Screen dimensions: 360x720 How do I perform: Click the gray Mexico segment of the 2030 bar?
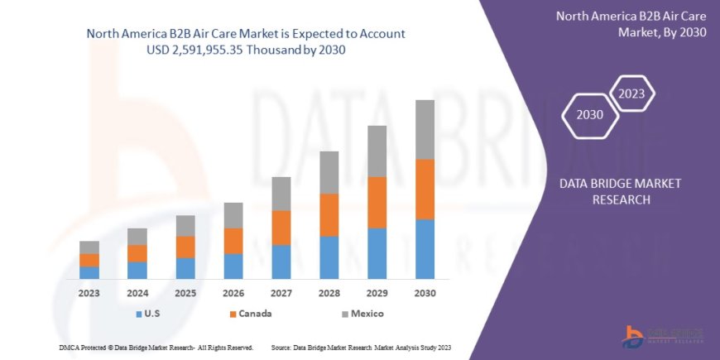[425, 130]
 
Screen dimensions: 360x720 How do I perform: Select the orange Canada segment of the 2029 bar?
[377, 203]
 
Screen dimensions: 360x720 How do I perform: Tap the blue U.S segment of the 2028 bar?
[329, 257]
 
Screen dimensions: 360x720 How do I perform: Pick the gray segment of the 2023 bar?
[89, 247]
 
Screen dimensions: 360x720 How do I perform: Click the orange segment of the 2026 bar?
[233, 241]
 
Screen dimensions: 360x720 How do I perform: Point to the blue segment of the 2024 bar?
[137, 271]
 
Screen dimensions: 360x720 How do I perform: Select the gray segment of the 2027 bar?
[281, 194]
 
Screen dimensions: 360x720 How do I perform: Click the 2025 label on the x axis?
[185, 294]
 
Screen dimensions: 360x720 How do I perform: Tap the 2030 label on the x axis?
[425, 294]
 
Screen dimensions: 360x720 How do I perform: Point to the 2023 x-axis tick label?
[89, 294]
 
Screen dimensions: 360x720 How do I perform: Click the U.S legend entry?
[148, 314]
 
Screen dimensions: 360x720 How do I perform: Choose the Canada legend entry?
[250, 314]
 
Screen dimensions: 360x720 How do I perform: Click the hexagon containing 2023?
[632, 92]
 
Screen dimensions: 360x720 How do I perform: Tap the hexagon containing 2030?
[590, 115]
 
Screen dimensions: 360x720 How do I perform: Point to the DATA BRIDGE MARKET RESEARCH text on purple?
[608, 192]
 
